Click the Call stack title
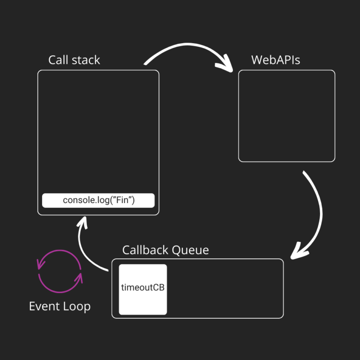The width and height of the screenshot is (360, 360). pyautogui.click(x=74, y=60)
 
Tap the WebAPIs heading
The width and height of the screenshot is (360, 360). pyautogui.click(x=276, y=60)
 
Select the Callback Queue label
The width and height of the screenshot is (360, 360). pyautogui.click(x=165, y=250)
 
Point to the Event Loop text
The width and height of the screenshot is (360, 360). pyautogui.click(x=60, y=307)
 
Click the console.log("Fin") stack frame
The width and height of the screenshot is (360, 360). pyautogui.click(x=98, y=200)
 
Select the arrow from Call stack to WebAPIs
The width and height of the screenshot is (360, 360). pyautogui.click(x=187, y=49)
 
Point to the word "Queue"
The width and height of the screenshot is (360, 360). pyautogui.click(x=190, y=250)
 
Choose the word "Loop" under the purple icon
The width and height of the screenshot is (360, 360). pyautogui.click(x=75, y=307)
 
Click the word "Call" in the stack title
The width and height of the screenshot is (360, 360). pyautogui.click(x=58, y=60)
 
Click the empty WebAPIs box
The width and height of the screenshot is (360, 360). pyautogui.click(x=286, y=116)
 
